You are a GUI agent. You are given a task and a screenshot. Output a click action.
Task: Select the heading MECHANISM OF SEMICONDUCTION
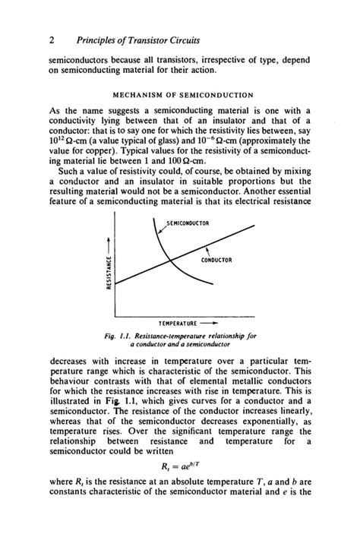click(183, 95)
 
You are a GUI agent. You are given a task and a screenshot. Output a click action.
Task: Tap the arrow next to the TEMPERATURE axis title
click(219, 323)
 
